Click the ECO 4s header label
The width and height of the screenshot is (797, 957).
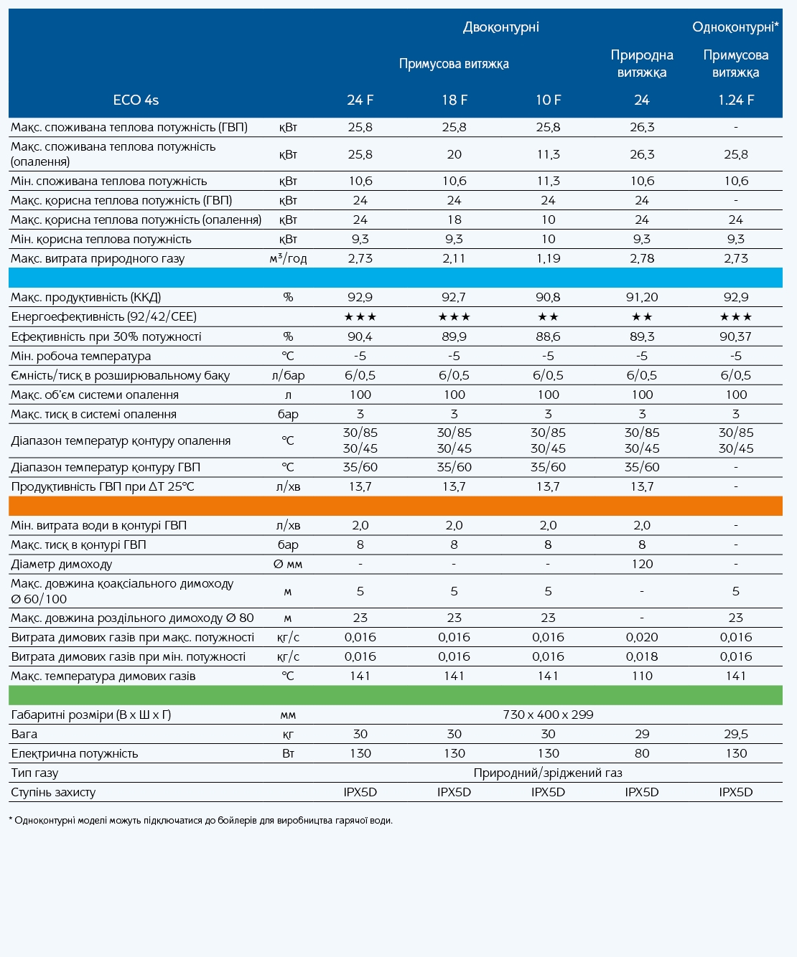(136, 100)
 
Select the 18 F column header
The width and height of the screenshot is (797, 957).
(455, 100)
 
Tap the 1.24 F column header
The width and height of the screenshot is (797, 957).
(736, 100)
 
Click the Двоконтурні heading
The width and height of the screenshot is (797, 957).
(501, 27)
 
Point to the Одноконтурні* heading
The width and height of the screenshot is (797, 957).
(735, 27)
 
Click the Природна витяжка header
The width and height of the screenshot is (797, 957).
(642, 64)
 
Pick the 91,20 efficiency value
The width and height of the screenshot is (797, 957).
(642, 298)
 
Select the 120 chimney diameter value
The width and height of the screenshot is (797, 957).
(642, 564)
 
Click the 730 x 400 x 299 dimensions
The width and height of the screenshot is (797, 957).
(548, 715)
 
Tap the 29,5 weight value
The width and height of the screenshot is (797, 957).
(736, 735)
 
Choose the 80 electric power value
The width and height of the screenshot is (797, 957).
(642, 753)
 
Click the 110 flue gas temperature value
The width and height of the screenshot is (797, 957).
(642, 676)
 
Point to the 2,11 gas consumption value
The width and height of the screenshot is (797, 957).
(455, 258)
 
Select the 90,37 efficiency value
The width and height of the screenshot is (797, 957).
(736, 337)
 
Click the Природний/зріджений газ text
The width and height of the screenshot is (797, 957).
(548, 773)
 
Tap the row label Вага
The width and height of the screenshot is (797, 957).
(24, 735)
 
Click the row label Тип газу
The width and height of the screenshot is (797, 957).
(35, 773)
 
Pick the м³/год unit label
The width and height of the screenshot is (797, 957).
(288, 258)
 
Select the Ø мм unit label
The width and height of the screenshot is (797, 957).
(288, 564)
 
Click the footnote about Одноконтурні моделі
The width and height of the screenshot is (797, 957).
(201, 821)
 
